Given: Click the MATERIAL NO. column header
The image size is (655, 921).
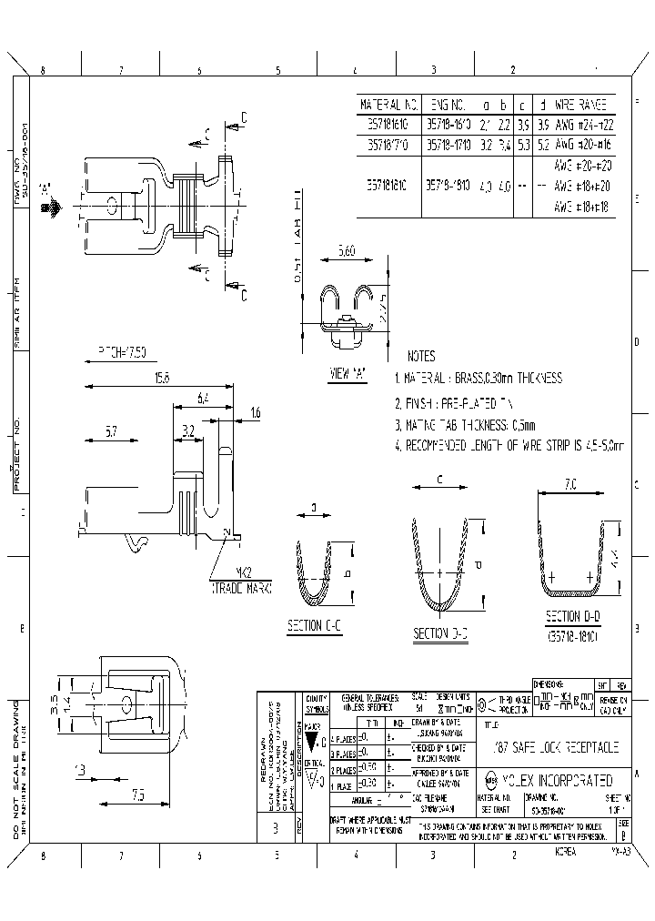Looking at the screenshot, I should [x=389, y=105].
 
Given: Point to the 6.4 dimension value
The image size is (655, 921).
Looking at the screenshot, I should [x=203, y=399].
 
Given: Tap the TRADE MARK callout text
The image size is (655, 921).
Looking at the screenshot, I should [x=242, y=589].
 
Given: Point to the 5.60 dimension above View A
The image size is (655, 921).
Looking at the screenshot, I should [x=347, y=250].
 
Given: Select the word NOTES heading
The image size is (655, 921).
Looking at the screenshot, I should [x=421, y=357].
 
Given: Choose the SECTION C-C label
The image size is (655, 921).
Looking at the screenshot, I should [x=315, y=625].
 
